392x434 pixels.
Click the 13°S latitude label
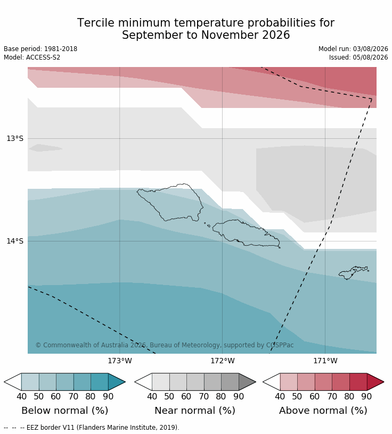point(15,138)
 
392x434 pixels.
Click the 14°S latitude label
point(15,241)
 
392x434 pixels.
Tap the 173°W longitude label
point(120,361)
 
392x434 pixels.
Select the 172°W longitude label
point(223,361)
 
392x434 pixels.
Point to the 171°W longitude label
point(325,361)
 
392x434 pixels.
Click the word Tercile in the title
point(95,23)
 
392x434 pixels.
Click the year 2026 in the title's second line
point(276,35)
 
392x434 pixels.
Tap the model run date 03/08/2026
point(370,49)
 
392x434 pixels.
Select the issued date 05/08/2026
point(370,57)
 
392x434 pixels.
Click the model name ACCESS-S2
point(43,57)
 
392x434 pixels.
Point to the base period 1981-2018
point(61,49)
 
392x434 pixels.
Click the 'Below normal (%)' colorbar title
point(64,410)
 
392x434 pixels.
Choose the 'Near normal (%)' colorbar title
point(195,410)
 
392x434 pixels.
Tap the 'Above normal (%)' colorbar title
point(323,410)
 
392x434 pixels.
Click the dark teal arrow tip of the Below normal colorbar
point(125,382)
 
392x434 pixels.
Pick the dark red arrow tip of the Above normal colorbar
point(383,382)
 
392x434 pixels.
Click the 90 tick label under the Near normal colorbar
point(239,396)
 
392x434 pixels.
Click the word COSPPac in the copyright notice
point(280,345)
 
